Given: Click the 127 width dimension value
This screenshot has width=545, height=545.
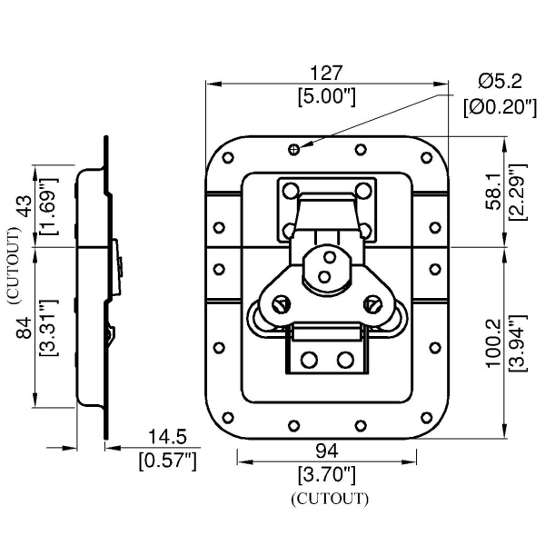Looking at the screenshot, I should (327, 74).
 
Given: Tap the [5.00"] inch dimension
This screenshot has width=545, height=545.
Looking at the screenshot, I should (327, 96).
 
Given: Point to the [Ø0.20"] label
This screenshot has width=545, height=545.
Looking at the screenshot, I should (498, 106).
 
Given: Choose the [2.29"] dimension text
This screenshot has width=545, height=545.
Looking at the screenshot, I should (516, 192).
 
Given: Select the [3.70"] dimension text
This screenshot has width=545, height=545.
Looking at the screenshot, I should (328, 474).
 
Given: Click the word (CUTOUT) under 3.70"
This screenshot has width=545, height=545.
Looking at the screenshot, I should (328, 499).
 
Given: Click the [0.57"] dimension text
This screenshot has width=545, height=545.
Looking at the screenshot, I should (167, 461).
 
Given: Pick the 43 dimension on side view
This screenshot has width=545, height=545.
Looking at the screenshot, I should (25, 206).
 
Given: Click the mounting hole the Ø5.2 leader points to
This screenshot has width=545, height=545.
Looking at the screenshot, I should (292, 148).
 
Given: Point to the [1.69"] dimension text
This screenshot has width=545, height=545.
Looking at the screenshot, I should (47, 206).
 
